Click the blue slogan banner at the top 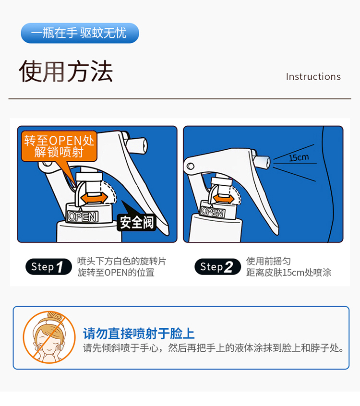point(80,33)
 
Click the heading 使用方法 point(66,72)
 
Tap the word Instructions point(313,77)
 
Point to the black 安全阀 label point(136,222)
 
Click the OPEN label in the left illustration point(83,217)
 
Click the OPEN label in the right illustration point(213,212)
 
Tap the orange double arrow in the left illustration point(94,198)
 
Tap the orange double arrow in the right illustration point(223,199)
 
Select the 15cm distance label point(299,157)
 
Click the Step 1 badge point(48,267)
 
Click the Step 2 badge point(217,267)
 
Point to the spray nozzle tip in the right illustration point(262,162)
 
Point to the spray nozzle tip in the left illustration point(137,145)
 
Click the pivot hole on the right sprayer point(191,166)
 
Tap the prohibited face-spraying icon point(49,337)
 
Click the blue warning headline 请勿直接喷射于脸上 point(139,333)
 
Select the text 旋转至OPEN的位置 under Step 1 point(116,273)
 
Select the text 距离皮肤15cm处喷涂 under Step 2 point(288,273)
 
